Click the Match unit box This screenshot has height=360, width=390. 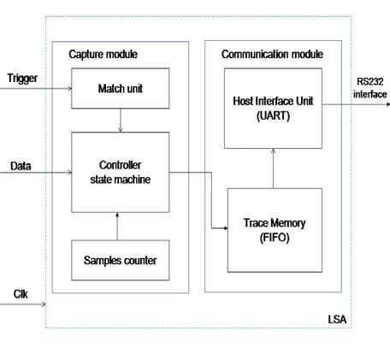pyautogui.click(x=120, y=89)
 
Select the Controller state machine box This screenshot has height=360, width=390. pyautogui.click(x=120, y=172)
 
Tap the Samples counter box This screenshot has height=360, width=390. pyautogui.click(x=120, y=258)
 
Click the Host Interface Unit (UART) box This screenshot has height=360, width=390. pyautogui.click(x=273, y=107)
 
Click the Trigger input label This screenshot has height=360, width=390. pyautogui.click(x=21, y=79)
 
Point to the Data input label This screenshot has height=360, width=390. pyautogui.click(x=21, y=165)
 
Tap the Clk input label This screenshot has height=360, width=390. pyautogui.click(x=21, y=293)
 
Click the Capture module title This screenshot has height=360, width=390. pyautogui.click(x=103, y=55)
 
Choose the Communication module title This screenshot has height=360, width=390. pyautogui.click(x=272, y=54)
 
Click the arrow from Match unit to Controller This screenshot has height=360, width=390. pyautogui.click(x=121, y=120)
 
